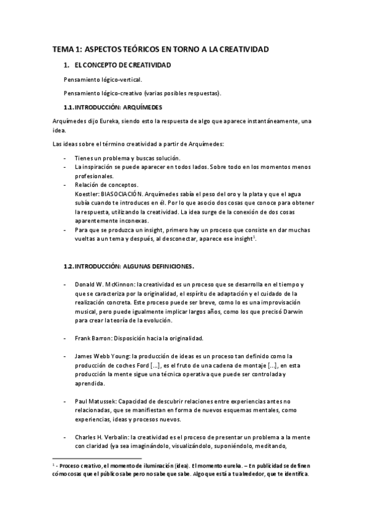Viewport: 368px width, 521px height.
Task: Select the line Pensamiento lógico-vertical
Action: [103, 79]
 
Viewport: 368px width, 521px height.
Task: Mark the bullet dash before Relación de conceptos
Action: [66, 184]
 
